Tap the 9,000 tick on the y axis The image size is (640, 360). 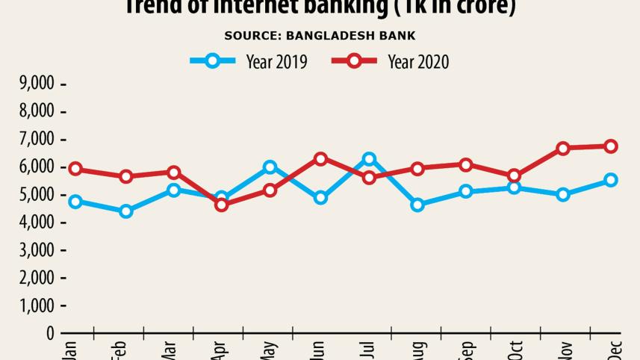tap(35, 84)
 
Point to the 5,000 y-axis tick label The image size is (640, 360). tap(35, 195)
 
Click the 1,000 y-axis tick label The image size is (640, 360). tap(35, 306)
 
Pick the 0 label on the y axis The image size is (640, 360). tap(50, 334)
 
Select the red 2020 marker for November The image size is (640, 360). tap(563, 149)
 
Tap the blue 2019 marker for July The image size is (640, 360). tap(368, 159)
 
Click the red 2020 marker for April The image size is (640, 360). tap(221, 204)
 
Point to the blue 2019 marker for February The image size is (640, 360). tap(125, 211)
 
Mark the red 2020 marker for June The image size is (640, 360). tap(320, 158)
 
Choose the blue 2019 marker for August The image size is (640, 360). tap(417, 205)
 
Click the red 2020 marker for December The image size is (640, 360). tap(611, 146)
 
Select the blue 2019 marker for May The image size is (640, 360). tap(270, 167)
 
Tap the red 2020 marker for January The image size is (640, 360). tap(75, 170)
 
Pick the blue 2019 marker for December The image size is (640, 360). tap(611, 180)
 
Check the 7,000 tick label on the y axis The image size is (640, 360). tap(35, 140)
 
